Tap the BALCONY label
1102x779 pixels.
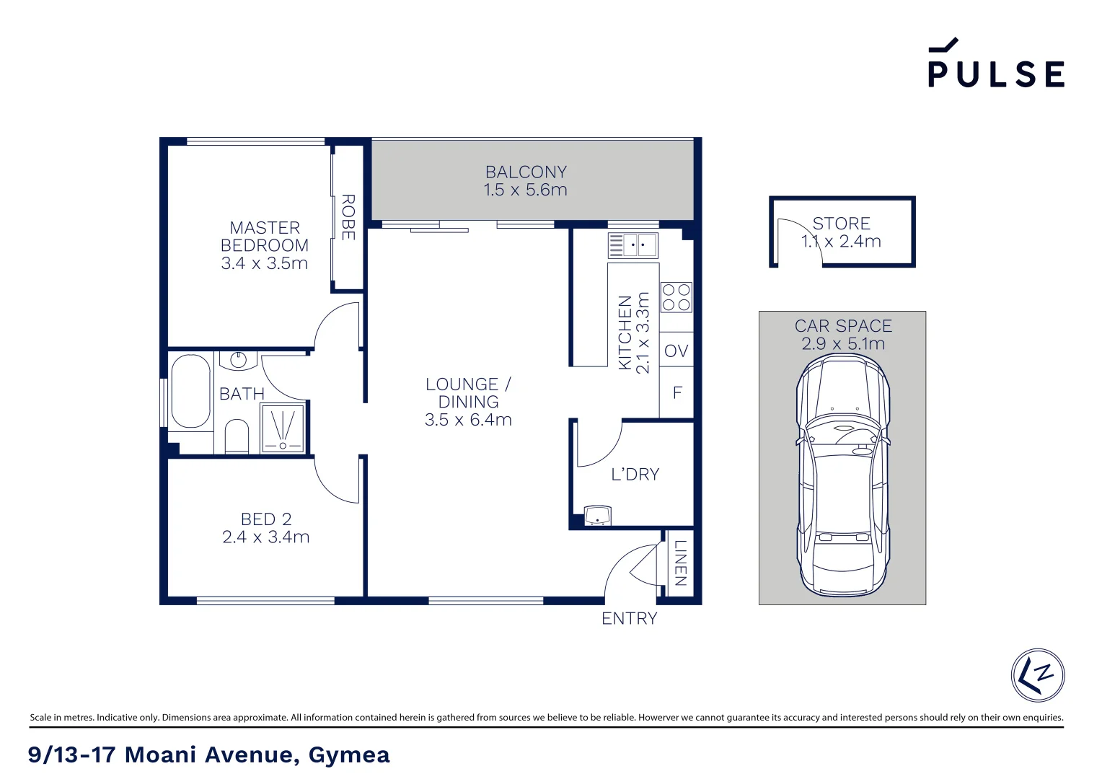[526, 172]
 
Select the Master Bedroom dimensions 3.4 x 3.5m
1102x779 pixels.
[264, 263]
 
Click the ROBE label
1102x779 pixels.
[348, 216]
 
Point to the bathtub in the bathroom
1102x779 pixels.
[190, 391]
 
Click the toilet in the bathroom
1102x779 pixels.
[237, 437]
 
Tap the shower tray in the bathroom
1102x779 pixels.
[283, 428]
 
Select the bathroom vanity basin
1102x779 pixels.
[238, 359]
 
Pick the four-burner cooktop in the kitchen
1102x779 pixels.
[676, 297]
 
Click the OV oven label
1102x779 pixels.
[676, 351]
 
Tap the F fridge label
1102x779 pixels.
[676, 393]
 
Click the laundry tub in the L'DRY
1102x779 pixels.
[597, 516]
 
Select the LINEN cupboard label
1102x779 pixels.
[679, 563]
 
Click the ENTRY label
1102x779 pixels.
[629, 618]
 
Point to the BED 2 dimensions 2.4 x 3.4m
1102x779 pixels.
[265, 537]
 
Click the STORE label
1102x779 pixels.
[841, 224]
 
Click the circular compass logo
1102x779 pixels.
[1037, 675]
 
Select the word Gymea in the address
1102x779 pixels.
[349, 754]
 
